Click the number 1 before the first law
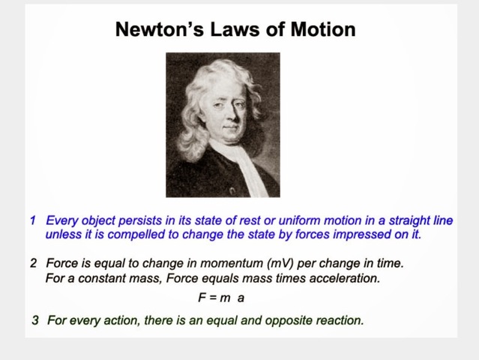point(33,220)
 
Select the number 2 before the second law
point(33,264)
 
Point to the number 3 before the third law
point(35,320)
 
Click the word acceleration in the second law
point(346,279)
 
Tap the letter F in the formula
point(202,298)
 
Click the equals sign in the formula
point(212,298)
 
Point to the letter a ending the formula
point(241,298)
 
